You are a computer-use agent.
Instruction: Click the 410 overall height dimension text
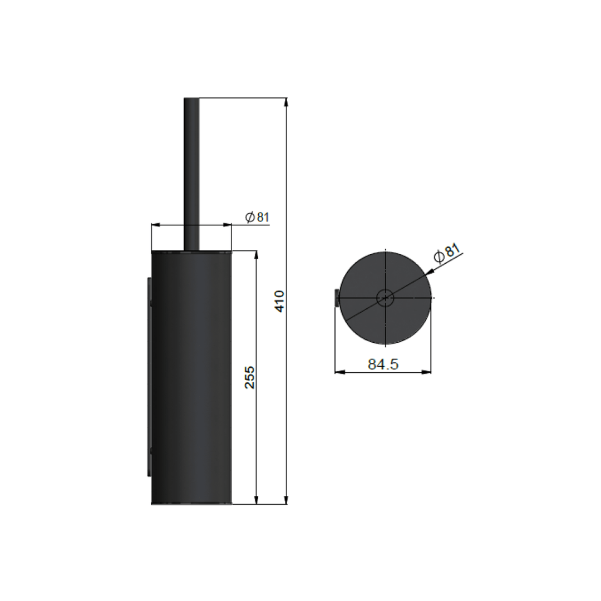click(280, 301)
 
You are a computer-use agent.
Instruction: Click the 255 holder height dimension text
click(250, 377)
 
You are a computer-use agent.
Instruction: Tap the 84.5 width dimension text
click(383, 364)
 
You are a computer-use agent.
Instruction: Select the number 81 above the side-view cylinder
click(263, 217)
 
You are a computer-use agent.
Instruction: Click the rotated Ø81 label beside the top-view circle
click(447, 253)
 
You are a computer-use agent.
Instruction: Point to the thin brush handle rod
click(191, 173)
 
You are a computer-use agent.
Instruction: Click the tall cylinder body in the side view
click(191, 378)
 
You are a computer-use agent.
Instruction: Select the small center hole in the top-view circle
click(385, 298)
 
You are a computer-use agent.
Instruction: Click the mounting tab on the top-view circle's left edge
click(337, 298)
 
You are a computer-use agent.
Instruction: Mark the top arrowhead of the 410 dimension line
click(286, 102)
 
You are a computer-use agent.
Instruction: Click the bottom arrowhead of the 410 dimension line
click(286, 500)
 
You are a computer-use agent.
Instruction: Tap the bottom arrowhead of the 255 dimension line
click(256, 500)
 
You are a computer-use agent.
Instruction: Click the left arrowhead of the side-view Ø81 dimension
click(156, 225)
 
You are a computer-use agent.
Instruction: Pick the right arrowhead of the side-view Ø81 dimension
click(227, 225)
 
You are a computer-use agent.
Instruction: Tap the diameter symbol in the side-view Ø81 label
click(250, 217)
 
